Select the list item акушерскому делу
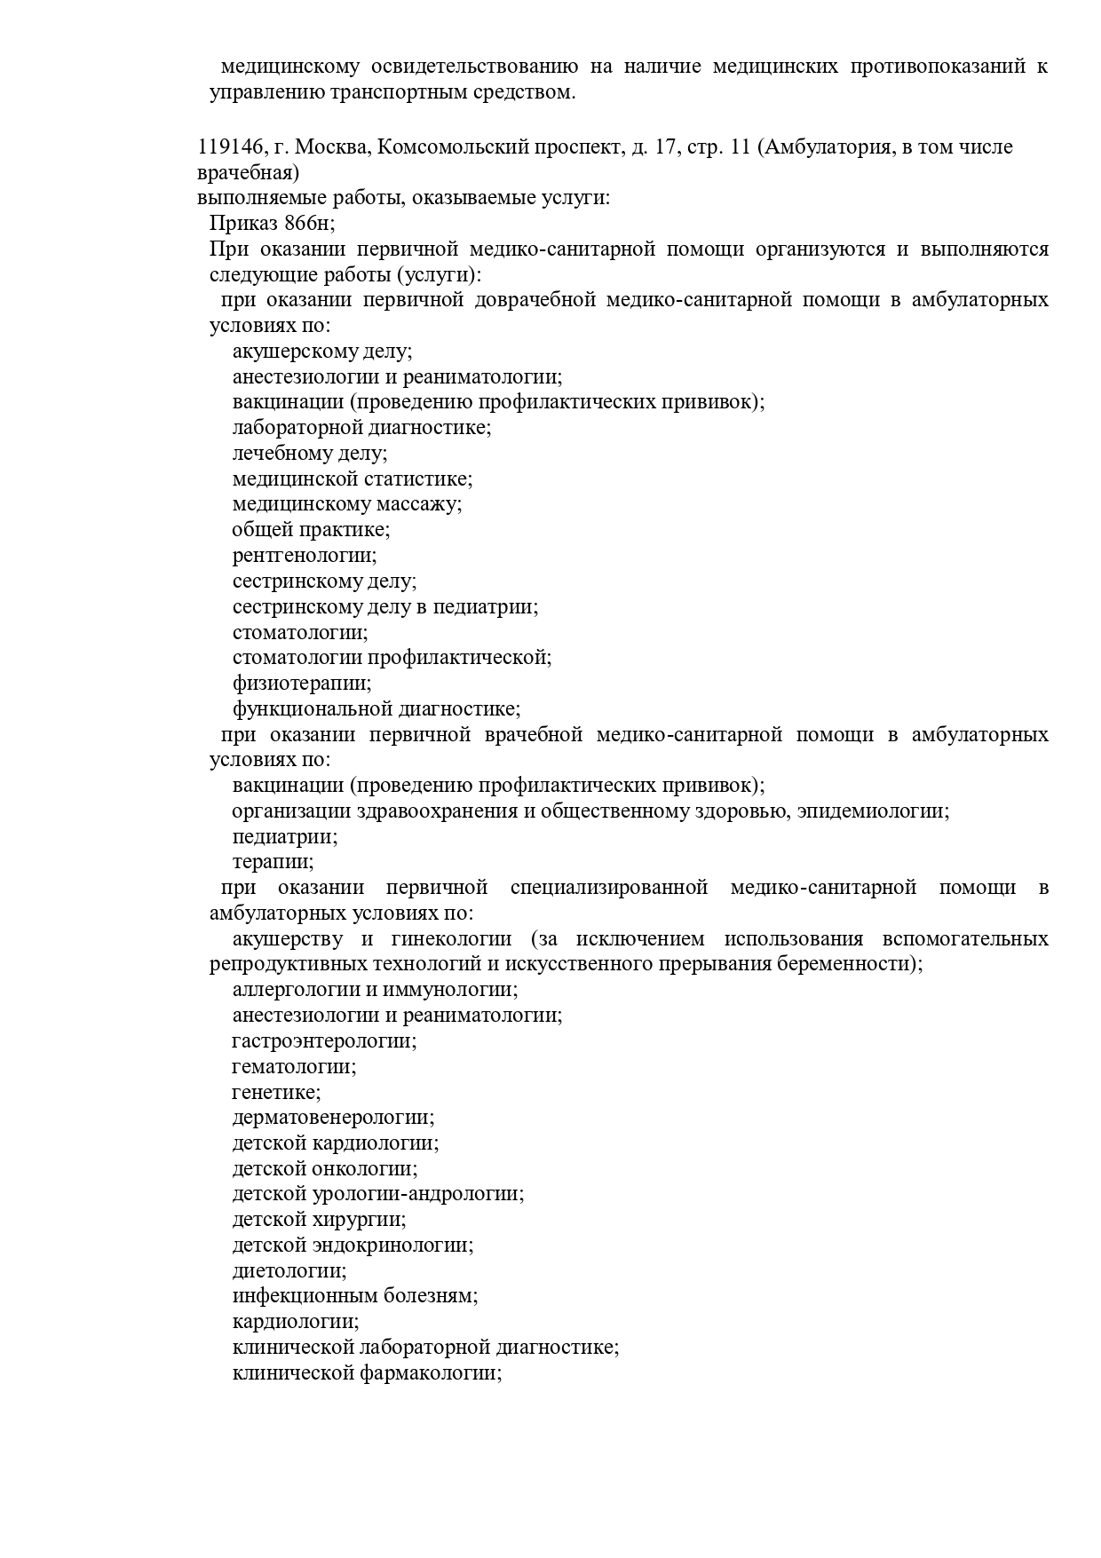click(322, 352)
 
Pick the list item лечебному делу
click(310, 454)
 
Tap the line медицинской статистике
click(352, 479)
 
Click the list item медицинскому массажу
click(347, 504)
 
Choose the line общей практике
click(311, 530)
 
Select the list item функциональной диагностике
click(376, 709)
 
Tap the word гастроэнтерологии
click(324, 1041)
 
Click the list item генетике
click(276, 1093)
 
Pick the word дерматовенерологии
click(333, 1118)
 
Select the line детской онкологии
click(325, 1169)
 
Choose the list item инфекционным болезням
click(355, 1296)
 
